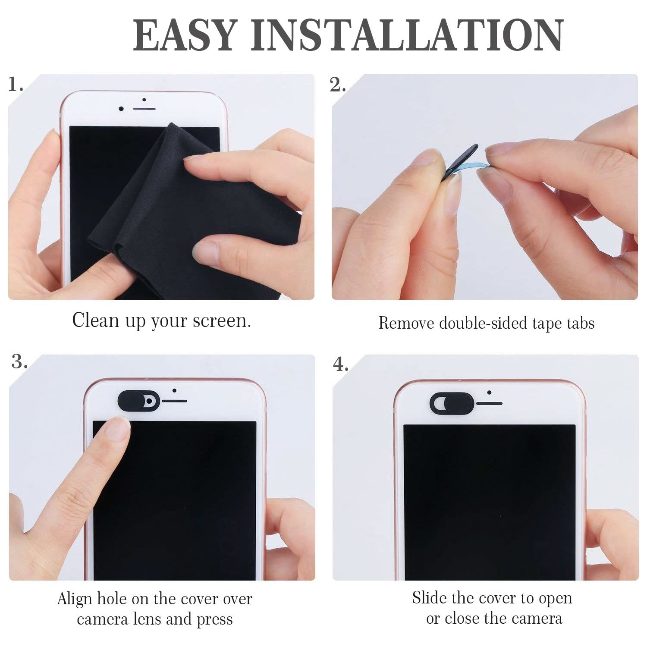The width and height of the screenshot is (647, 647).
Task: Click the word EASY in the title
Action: (x=185, y=35)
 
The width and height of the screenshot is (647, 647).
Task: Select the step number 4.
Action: (x=340, y=364)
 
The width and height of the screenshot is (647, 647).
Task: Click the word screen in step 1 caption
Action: (x=222, y=320)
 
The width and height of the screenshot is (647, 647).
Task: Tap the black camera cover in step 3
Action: (x=139, y=401)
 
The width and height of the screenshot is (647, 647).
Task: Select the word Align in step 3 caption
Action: (x=75, y=599)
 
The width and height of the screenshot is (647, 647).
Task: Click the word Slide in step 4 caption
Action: (x=429, y=598)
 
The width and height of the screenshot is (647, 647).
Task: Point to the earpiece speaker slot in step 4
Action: (x=489, y=404)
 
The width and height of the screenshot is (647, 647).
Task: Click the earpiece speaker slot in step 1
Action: (x=144, y=108)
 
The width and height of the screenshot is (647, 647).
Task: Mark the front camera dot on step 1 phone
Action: (x=121, y=109)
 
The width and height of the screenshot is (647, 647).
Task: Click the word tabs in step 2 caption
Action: (x=581, y=323)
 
